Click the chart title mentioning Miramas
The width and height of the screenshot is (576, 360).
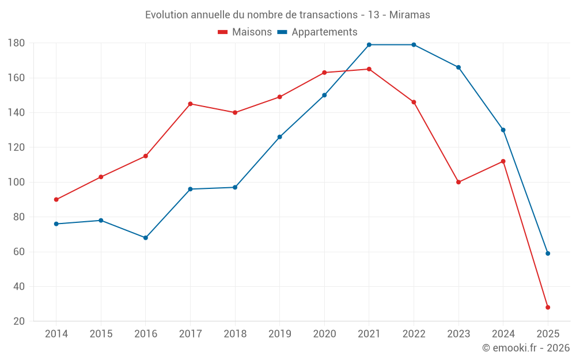(287, 15)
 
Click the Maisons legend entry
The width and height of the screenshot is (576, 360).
(245, 32)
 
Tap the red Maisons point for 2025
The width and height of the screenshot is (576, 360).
(548, 308)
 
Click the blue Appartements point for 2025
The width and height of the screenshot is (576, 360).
(548, 253)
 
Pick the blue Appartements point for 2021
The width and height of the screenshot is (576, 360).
(369, 45)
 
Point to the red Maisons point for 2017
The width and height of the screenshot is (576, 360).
(190, 104)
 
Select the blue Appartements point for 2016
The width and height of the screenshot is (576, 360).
(146, 238)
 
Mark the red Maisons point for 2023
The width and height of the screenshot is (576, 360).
(458, 182)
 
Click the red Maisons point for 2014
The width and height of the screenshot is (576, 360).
(56, 200)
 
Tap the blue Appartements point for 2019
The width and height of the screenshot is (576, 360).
(280, 137)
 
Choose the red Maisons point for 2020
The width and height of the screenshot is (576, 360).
(324, 73)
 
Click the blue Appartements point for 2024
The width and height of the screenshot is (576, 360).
(503, 130)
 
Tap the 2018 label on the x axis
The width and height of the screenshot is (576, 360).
(235, 334)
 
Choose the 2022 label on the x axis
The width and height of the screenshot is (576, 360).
(414, 334)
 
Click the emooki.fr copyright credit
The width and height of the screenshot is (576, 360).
(525, 348)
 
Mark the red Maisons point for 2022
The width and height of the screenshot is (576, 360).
(414, 102)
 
